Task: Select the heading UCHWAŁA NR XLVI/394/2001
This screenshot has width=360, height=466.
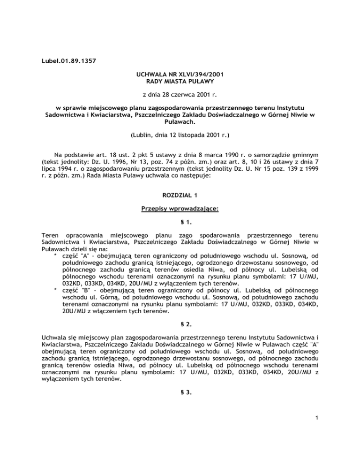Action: click(x=180, y=75)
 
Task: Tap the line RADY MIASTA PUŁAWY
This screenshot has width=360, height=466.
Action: click(x=180, y=83)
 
